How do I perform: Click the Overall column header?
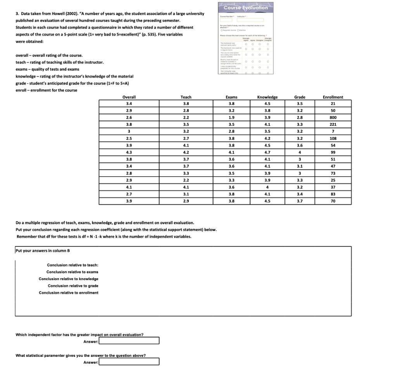(x=129, y=97)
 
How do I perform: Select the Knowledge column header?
(x=267, y=97)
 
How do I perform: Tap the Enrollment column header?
(x=333, y=97)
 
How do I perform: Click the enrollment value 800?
(x=333, y=118)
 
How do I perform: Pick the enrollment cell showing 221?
(x=333, y=125)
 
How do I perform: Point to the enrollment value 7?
(x=333, y=132)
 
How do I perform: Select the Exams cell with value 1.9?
(x=231, y=118)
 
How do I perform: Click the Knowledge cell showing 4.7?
(x=267, y=152)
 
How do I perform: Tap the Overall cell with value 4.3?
(x=129, y=152)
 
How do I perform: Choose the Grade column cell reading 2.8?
(x=300, y=118)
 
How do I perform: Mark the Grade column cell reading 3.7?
(x=300, y=201)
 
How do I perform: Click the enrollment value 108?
(x=333, y=139)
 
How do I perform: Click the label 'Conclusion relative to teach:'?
(x=72, y=265)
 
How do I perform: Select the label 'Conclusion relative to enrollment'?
(x=69, y=293)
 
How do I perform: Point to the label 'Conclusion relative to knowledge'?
(x=69, y=279)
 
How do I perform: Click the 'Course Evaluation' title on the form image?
(x=246, y=7)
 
